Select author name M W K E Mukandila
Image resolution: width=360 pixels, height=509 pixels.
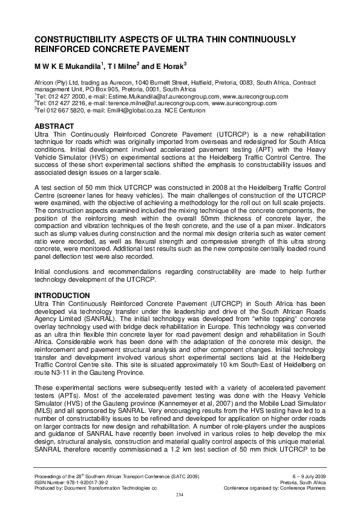67,65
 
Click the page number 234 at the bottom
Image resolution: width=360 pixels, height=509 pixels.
179,495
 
